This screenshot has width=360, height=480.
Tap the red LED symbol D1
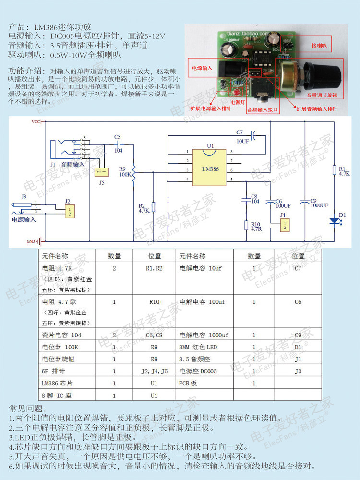334,221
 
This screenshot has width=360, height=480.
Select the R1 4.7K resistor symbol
334,170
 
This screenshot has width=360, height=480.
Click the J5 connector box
101,172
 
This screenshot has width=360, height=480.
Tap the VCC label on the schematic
36,122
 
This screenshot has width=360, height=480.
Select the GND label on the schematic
32,241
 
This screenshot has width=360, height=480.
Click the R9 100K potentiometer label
125,171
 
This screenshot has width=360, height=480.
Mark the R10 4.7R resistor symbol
246,226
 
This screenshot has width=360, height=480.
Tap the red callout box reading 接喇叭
319,45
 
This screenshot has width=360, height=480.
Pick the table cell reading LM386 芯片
57,384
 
